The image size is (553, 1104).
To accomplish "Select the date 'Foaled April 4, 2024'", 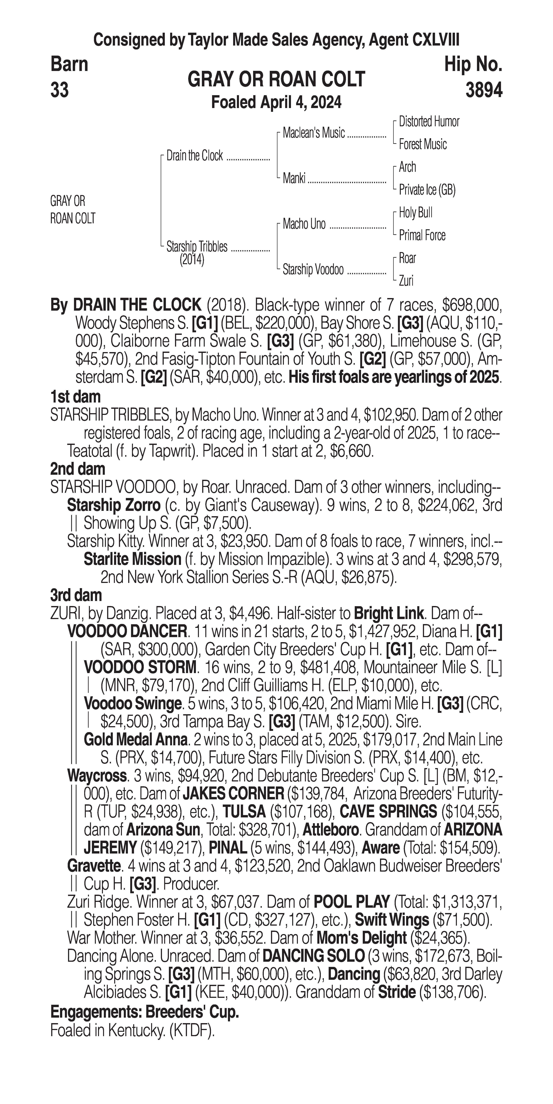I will [276, 102].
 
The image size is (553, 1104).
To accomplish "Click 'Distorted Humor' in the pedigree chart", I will [429, 122].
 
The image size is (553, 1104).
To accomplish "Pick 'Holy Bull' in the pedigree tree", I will [415, 212].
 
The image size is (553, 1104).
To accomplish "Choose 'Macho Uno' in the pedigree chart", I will [304, 224].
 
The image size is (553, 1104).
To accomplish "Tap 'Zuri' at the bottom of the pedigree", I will [406, 281].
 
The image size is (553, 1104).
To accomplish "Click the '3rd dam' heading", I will [76, 595].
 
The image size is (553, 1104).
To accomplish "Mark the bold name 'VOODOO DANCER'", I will [127, 631].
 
